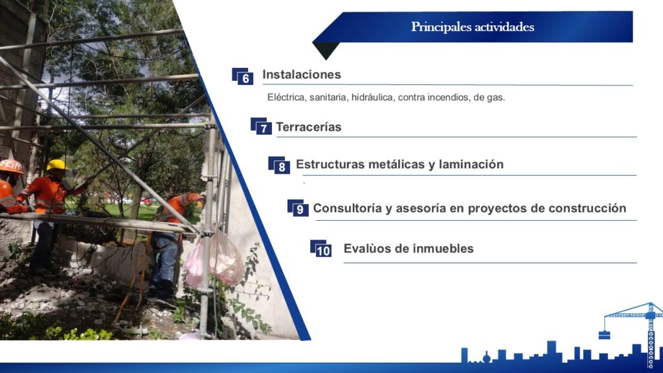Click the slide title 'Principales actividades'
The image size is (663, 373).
coord(472,27)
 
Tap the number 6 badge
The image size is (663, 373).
coord(243,76)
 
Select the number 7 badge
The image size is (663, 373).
coord(262,126)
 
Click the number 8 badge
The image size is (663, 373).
coord(279,165)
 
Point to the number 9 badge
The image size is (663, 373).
coord(298,208)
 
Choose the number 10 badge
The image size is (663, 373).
coord(321,249)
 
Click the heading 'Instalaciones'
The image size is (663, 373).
coord(302,74)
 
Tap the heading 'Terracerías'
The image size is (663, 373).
coord(309,127)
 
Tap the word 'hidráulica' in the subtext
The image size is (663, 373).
coord(372,97)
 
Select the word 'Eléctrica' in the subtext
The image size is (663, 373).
coord(286,97)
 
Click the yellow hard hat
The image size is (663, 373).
coord(56,165)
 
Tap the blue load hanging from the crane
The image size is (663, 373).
coord(604,335)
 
